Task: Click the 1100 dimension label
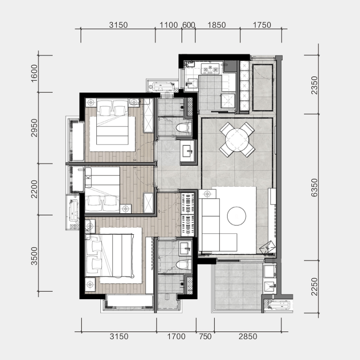click(168, 25)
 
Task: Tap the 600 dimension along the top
click(188, 25)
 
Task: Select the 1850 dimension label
click(216, 25)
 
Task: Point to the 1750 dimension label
click(262, 25)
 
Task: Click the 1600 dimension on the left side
click(34, 73)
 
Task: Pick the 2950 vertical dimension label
click(34, 128)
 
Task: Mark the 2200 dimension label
click(34, 189)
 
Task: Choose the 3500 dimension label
click(34, 256)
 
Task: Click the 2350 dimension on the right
click(314, 85)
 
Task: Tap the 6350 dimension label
click(314, 188)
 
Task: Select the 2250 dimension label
click(314, 287)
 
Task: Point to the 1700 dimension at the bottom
click(176, 336)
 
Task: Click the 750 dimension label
click(205, 336)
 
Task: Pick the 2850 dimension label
click(248, 336)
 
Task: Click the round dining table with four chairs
click(237, 139)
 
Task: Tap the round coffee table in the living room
click(236, 216)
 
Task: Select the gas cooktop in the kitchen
click(210, 69)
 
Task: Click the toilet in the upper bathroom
click(184, 127)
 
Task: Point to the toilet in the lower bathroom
click(184, 265)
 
